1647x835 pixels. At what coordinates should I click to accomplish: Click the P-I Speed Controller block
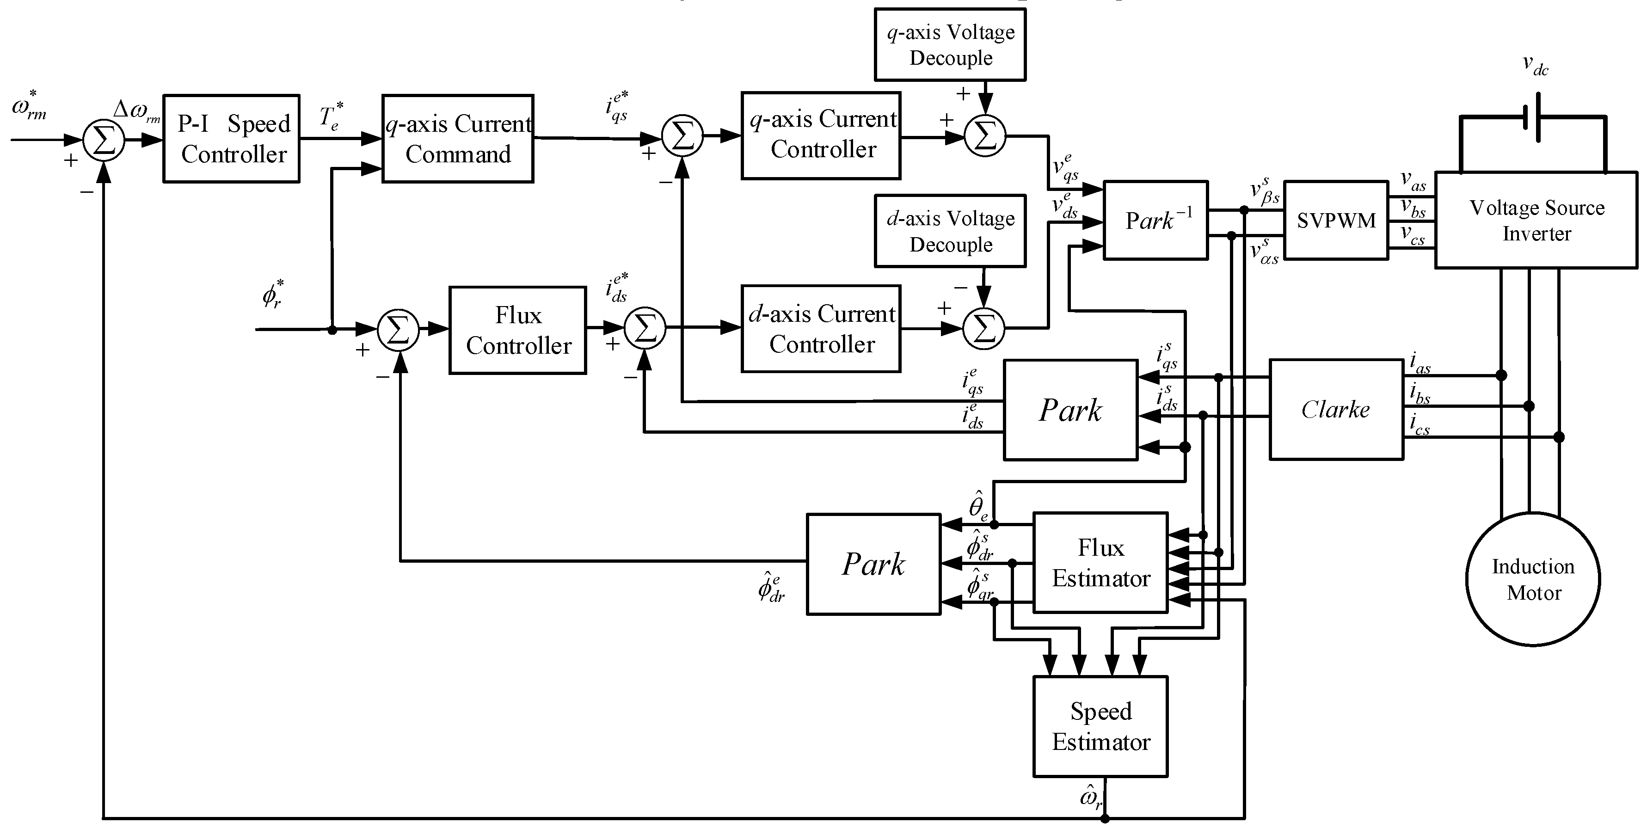[232, 139]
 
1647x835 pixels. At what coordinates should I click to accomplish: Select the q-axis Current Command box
[458, 139]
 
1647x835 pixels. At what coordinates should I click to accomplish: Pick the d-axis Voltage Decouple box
[950, 231]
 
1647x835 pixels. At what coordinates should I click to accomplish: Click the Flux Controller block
[517, 330]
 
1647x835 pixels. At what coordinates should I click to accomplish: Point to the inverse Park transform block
[1155, 221]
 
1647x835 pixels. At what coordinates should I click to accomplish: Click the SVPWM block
[1336, 221]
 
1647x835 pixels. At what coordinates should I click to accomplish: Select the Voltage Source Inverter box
[1536, 220]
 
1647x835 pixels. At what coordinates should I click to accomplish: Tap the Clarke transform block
[1336, 409]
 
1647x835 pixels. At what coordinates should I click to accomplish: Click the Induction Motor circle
[1533, 579]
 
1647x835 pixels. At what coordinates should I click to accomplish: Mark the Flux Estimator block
[1100, 563]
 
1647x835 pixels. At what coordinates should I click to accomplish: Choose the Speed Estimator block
[1100, 726]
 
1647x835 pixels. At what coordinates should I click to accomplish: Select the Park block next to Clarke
[1070, 410]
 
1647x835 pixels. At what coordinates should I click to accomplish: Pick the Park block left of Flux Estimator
[873, 564]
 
